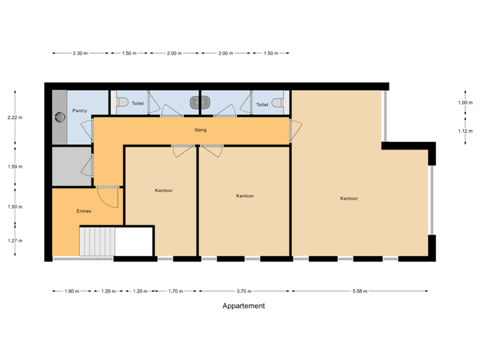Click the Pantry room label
click(x=80, y=111)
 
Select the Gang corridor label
click(x=200, y=129)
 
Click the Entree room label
click(x=83, y=211)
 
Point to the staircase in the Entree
click(x=97, y=241)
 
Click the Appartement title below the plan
click(x=243, y=306)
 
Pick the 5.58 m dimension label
click(x=360, y=291)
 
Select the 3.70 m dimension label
click(x=244, y=291)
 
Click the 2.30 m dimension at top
click(x=80, y=53)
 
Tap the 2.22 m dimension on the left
click(x=15, y=118)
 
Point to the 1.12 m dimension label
click(x=465, y=131)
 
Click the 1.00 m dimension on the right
click(x=465, y=103)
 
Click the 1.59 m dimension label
click(x=15, y=167)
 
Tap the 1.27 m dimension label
click(x=15, y=241)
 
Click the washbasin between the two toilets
click(x=199, y=103)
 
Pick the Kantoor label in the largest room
click(x=349, y=199)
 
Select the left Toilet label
click(x=138, y=104)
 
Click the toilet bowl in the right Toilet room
click(x=278, y=103)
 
